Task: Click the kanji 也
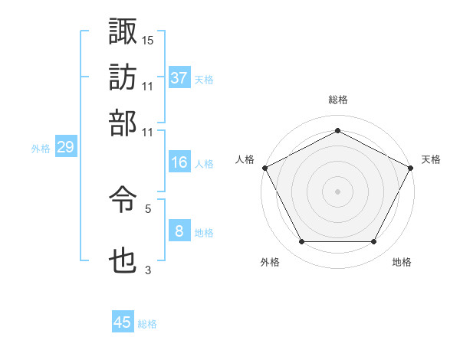123,261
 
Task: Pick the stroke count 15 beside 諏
147,39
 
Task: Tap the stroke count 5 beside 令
148,208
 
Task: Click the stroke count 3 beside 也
148,269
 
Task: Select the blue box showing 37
179,77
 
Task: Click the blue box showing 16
179,162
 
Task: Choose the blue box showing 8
179,231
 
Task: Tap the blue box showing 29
65,148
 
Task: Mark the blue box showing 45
123,322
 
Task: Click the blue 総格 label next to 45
147,324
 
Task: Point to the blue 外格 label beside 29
41,149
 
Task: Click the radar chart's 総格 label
338,100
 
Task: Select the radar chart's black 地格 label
402,263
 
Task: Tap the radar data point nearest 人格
264,167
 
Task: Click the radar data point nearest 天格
412,167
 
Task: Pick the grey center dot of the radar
338,191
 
